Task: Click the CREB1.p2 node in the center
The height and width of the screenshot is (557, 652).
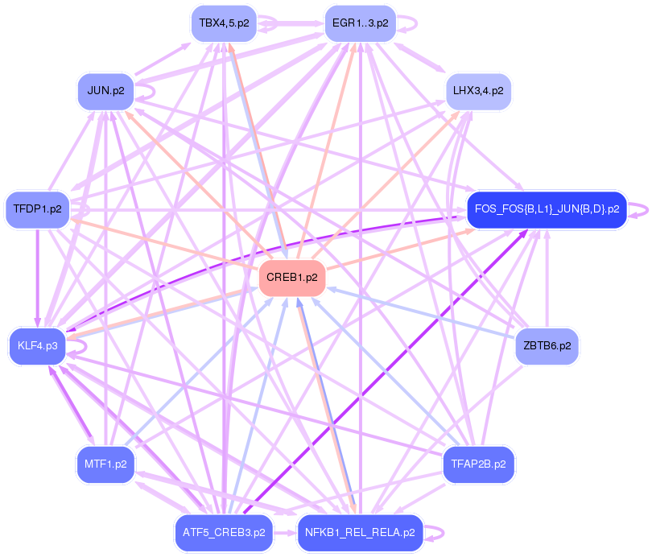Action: [x=291, y=278]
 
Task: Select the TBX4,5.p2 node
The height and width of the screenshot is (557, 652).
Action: [x=222, y=23]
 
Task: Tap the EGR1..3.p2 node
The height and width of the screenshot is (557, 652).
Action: [x=360, y=23]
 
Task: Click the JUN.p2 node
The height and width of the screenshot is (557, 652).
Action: [x=105, y=91]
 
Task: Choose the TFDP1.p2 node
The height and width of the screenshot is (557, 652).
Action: [x=37, y=209]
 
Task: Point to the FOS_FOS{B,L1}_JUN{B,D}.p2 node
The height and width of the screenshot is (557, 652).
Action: [x=547, y=209]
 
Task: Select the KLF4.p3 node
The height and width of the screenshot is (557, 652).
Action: [x=37, y=346]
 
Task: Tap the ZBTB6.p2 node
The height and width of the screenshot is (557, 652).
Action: [x=547, y=346]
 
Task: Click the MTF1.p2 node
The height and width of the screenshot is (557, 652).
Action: [x=105, y=464]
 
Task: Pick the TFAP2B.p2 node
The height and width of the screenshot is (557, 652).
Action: [x=478, y=464]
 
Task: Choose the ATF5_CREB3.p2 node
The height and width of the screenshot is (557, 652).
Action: [x=223, y=533]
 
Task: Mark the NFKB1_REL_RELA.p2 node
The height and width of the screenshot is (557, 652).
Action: [x=360, y=533]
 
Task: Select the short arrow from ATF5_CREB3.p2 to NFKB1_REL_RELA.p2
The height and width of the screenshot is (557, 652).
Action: [x=285, y=533]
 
